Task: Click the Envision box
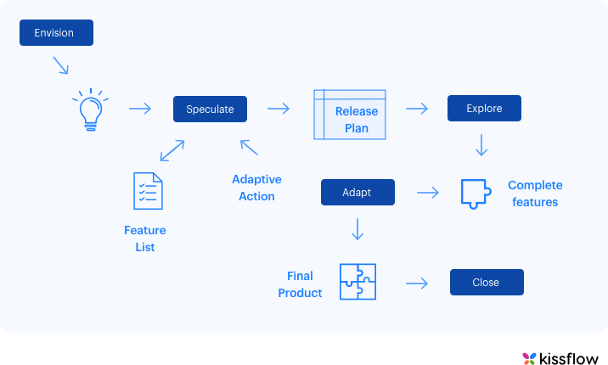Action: (55, 33)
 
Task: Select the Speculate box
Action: (210, 109)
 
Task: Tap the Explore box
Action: (484, 109)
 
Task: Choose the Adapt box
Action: (357, 192)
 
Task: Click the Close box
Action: (487, 282)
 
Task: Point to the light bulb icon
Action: (90, 109)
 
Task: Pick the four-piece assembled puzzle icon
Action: (357, 282)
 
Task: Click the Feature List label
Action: (145, 239)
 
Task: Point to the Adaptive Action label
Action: (256, 188)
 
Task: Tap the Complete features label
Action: (535, 194)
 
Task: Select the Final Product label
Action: (303, 284)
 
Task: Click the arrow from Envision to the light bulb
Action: (60, 65)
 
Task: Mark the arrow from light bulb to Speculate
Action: (139, 109)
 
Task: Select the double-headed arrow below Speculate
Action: (172, 150)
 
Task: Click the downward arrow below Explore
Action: (481, 145)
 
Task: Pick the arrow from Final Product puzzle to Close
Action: (416, 283)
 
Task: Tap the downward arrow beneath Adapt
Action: (357, 229)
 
